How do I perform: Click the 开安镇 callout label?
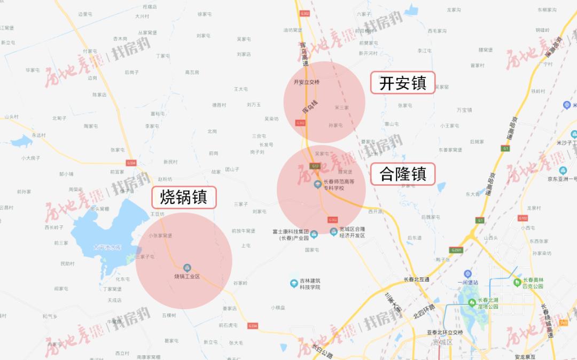click(402, 83)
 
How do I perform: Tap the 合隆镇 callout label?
click(402, 174)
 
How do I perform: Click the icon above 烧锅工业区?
click(187, 267)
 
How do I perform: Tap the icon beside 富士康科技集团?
click(314, 234)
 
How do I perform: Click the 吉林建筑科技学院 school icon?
click(293, 283)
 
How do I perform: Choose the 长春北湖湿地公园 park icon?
click(472, 303)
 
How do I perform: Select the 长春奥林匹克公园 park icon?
click(517, 283)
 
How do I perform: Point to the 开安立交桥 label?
click(307, 82)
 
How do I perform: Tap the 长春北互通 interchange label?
click(416, 279)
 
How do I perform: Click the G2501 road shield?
click(456, 250)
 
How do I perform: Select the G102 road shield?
click(523, 218)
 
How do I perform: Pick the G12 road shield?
click(315, 166)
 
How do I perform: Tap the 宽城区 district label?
click(443, 341)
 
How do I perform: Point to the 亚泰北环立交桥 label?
click(445, 332)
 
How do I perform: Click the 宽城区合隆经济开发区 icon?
click(334, 232)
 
